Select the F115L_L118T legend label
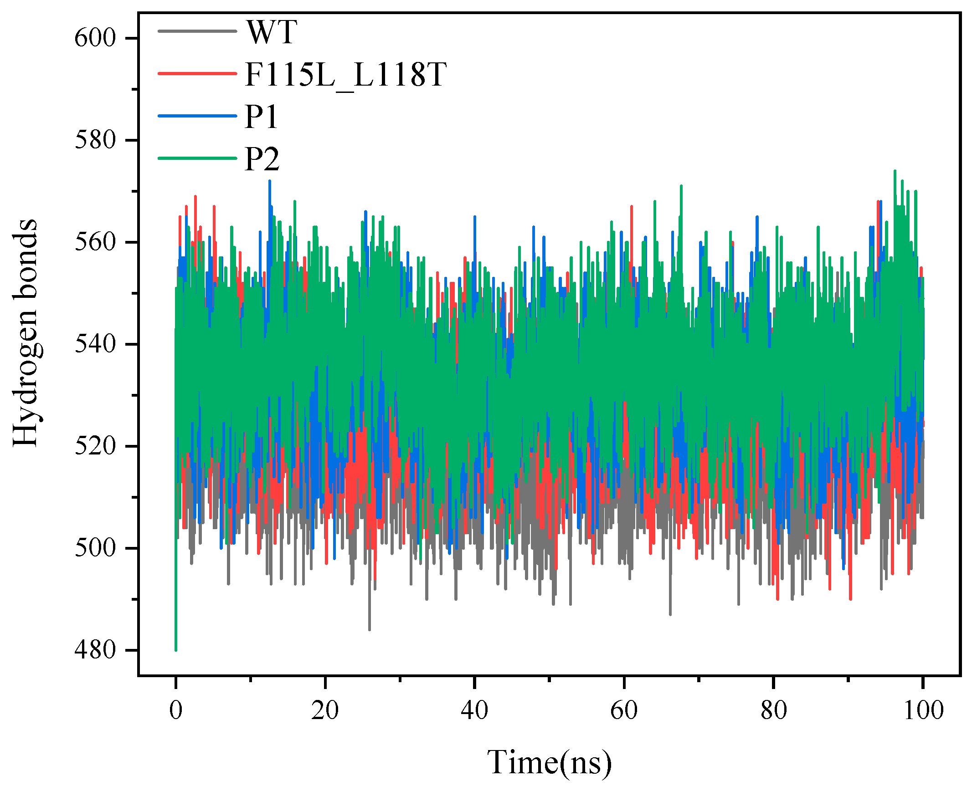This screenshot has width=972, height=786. point(345,74)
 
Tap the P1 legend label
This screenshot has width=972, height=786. point(261,117)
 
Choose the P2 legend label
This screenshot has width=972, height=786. point(262,159)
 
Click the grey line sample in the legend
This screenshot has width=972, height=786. point(197,31)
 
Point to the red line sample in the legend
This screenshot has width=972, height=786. point(197,73)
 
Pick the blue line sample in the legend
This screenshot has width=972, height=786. point(197,116)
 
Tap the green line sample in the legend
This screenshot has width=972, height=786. point(197,158)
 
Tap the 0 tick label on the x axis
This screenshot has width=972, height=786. point(176,710)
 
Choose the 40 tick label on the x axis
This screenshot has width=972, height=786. point(474,710)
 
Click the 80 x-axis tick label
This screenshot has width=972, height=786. point(773,710)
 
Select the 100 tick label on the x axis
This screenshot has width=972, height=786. point(923,710)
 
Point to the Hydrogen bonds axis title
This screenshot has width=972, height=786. point(25,332)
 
